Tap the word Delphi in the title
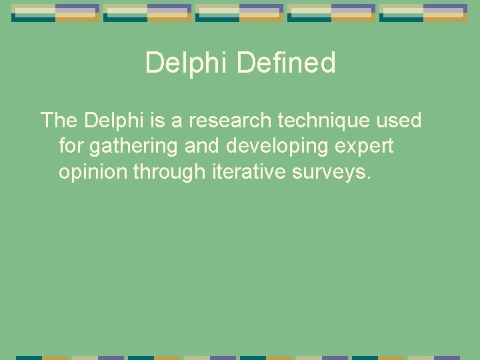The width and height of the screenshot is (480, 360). click(x=187, y=63)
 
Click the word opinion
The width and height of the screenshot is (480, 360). click(x=93, y=173)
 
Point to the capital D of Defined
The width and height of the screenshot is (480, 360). click(x=245, y=63)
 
